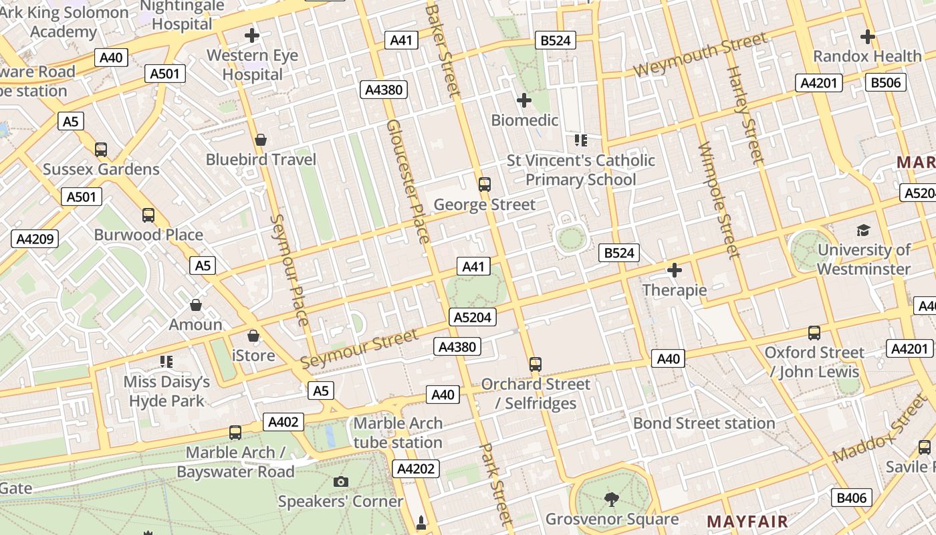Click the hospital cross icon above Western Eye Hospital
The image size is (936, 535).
point(252,35)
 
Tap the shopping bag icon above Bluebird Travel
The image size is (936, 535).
point(261,140)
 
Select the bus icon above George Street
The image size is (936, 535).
point(485,184)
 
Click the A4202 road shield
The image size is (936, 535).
point(416,469)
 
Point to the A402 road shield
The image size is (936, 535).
point(283,422)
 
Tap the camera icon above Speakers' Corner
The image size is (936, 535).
point(340,481)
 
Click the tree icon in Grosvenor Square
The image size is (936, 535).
point(611,498)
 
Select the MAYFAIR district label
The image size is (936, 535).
point(747,521)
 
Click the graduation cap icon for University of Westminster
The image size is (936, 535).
point(863,231)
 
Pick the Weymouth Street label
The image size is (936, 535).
point(700,55)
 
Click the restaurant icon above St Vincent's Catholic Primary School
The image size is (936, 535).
point(580,140)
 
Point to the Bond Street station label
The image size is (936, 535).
point(704,423)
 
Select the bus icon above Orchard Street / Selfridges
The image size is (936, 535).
point(535,364)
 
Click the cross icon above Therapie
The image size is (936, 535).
point(675,270)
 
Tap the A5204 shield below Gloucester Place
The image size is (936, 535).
point(473,317)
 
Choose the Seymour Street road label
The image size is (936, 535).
point(359,348)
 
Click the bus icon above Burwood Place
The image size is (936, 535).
point(148,215)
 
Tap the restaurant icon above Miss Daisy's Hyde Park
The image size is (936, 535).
point(166,362)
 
